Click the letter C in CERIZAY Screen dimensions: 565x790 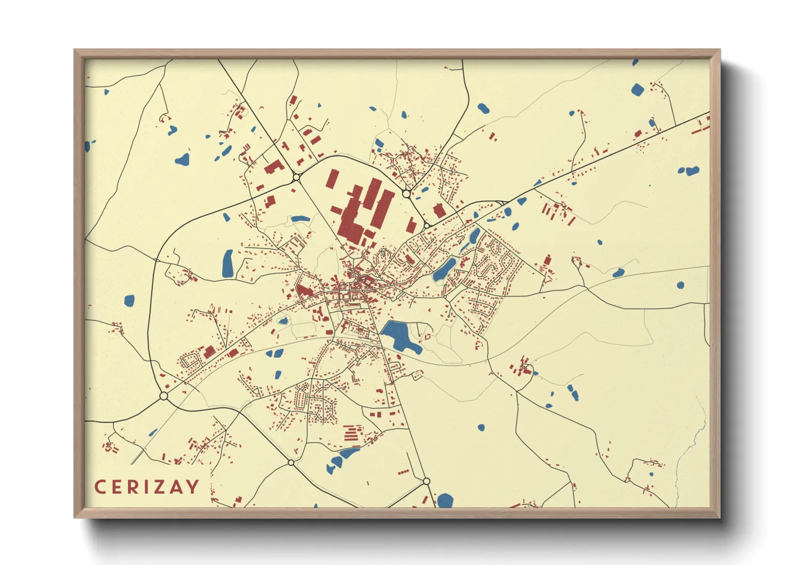pos(100,487)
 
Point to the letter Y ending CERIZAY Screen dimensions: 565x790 pos(193,487)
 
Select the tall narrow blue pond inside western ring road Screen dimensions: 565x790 pos(228,263)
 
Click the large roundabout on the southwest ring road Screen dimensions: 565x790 pos(164,396)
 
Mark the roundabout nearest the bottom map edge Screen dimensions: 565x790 pos(426,481)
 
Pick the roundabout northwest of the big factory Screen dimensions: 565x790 pos(296,177)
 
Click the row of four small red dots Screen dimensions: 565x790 pos(403,472)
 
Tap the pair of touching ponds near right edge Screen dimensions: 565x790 pos(689,171)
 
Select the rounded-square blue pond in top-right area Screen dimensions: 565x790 pos(637,89)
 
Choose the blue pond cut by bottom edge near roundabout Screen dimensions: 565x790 pos(445,501)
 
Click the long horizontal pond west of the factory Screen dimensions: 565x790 pos(300,218)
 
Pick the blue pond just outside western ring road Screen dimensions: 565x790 pos(129,301)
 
